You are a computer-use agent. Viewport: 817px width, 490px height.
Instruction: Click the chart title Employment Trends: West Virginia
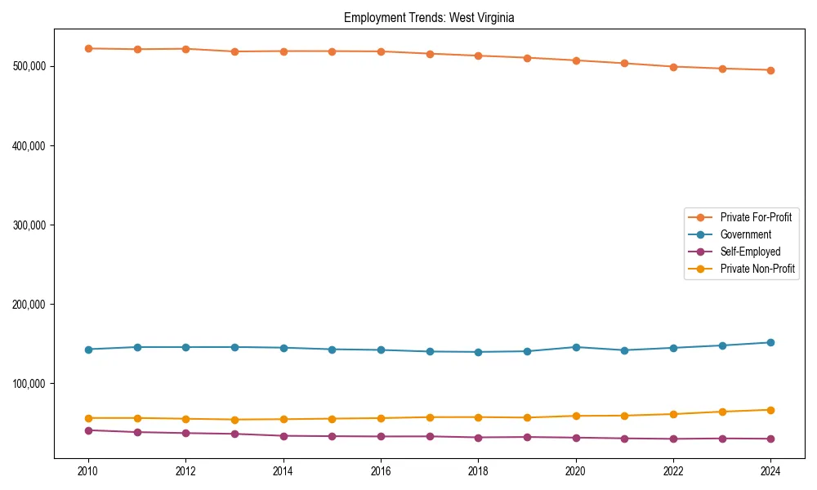point(429,17)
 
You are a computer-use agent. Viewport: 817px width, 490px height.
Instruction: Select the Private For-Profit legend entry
point(756,217)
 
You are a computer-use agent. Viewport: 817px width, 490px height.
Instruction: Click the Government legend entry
point(745,234)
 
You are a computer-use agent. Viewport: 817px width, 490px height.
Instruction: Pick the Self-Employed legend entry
point(750,252)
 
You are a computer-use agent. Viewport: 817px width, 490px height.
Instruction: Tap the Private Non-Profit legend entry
point(757,269)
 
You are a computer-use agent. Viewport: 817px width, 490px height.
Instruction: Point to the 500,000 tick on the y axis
point(31,66)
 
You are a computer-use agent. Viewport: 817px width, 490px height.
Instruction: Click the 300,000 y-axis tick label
point(31,225)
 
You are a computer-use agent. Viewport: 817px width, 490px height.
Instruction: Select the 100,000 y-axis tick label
point(31,384)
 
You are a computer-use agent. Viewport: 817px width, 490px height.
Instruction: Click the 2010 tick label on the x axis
point(88,471)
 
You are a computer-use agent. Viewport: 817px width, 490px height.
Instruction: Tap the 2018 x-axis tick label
point(478,471)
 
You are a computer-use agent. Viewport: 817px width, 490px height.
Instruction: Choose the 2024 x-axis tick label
point(770,471)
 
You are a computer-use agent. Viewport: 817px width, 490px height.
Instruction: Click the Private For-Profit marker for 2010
point(88,48)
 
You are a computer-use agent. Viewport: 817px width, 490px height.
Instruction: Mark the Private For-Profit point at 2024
point(770,70)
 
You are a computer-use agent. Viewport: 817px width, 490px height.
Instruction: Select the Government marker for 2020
point(576,347)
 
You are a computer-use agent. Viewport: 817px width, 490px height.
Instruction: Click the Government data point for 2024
point(770,342)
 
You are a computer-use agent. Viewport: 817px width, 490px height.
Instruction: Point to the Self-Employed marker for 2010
point(88,430)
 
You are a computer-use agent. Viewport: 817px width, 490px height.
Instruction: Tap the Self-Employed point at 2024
point(770,439)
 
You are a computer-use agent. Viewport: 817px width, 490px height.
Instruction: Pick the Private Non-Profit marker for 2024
point(770,410)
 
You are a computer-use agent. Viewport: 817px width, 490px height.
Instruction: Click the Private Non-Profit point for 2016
point(381,418)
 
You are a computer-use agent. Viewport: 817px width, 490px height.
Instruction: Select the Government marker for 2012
point(185,347)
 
